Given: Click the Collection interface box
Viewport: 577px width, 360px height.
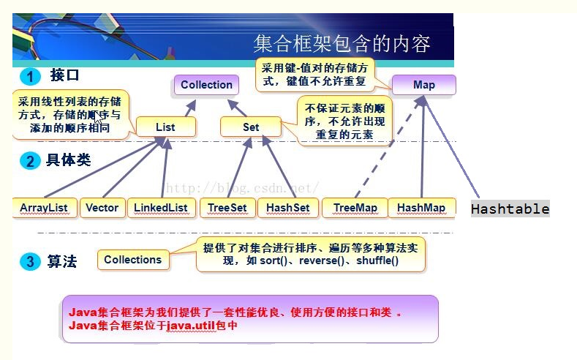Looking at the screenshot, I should (x=206, y=85).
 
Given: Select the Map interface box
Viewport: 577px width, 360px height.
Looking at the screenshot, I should (x=423, y=85).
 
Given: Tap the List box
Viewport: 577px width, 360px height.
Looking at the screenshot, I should (x=165, y=127).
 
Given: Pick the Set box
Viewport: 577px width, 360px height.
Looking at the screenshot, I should (x=251, y=127).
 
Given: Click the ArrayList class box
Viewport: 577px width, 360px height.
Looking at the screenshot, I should (x=44, y=208).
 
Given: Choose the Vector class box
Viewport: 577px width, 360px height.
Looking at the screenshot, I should (x=102, y=208).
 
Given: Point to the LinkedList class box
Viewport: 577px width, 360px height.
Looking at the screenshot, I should (x=161, y=208).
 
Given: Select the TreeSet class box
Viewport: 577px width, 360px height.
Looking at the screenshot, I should (x=227, y=208).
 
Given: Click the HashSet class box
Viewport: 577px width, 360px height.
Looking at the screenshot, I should (x=287, y=208).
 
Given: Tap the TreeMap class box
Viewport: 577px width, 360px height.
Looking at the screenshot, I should (x=355, y=208).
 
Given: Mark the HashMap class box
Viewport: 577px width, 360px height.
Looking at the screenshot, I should (x=421, y=208).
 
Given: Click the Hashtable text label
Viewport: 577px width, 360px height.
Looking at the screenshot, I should (x=510, y=209).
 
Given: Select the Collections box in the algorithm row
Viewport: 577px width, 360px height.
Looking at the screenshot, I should (x=132, y=260).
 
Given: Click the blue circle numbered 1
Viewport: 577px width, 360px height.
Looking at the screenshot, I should (x=30, y=77).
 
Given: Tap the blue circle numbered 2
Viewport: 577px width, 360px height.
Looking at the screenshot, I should (x=30, y=161).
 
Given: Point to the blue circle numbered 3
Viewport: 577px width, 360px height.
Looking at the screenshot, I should (x=30, y=261).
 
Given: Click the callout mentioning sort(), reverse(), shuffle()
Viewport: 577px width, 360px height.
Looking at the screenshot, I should (x=311, y=254).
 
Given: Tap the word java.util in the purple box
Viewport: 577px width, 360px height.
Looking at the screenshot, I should (x=192, y=325).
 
